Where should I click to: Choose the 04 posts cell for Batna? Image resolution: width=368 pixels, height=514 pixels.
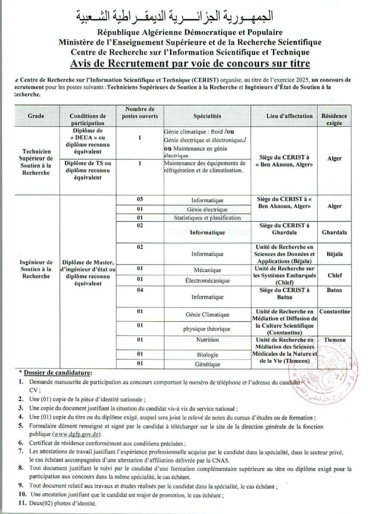tap(140, 290)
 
